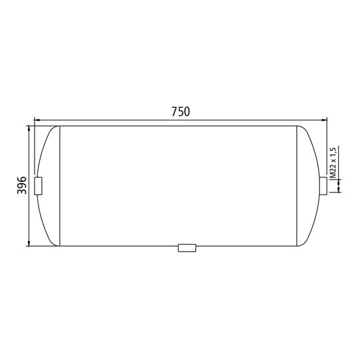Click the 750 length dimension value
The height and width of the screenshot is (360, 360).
tap(180, 112)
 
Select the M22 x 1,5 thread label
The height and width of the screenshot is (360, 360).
tap(333, 161)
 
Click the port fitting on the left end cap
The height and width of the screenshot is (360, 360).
tap(39, 186)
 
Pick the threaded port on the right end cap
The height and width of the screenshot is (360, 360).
tap(323, 186)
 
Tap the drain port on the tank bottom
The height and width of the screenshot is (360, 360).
tap(187, 248)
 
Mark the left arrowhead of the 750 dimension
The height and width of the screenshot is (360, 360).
tap(36, 120)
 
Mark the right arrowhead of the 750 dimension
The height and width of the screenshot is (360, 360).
tap(324, 120)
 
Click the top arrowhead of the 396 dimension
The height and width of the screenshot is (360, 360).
tap(30, 128)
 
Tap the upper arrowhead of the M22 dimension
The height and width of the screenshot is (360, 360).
tap(340, 174)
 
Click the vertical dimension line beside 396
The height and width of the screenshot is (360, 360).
tap(30, 213)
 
